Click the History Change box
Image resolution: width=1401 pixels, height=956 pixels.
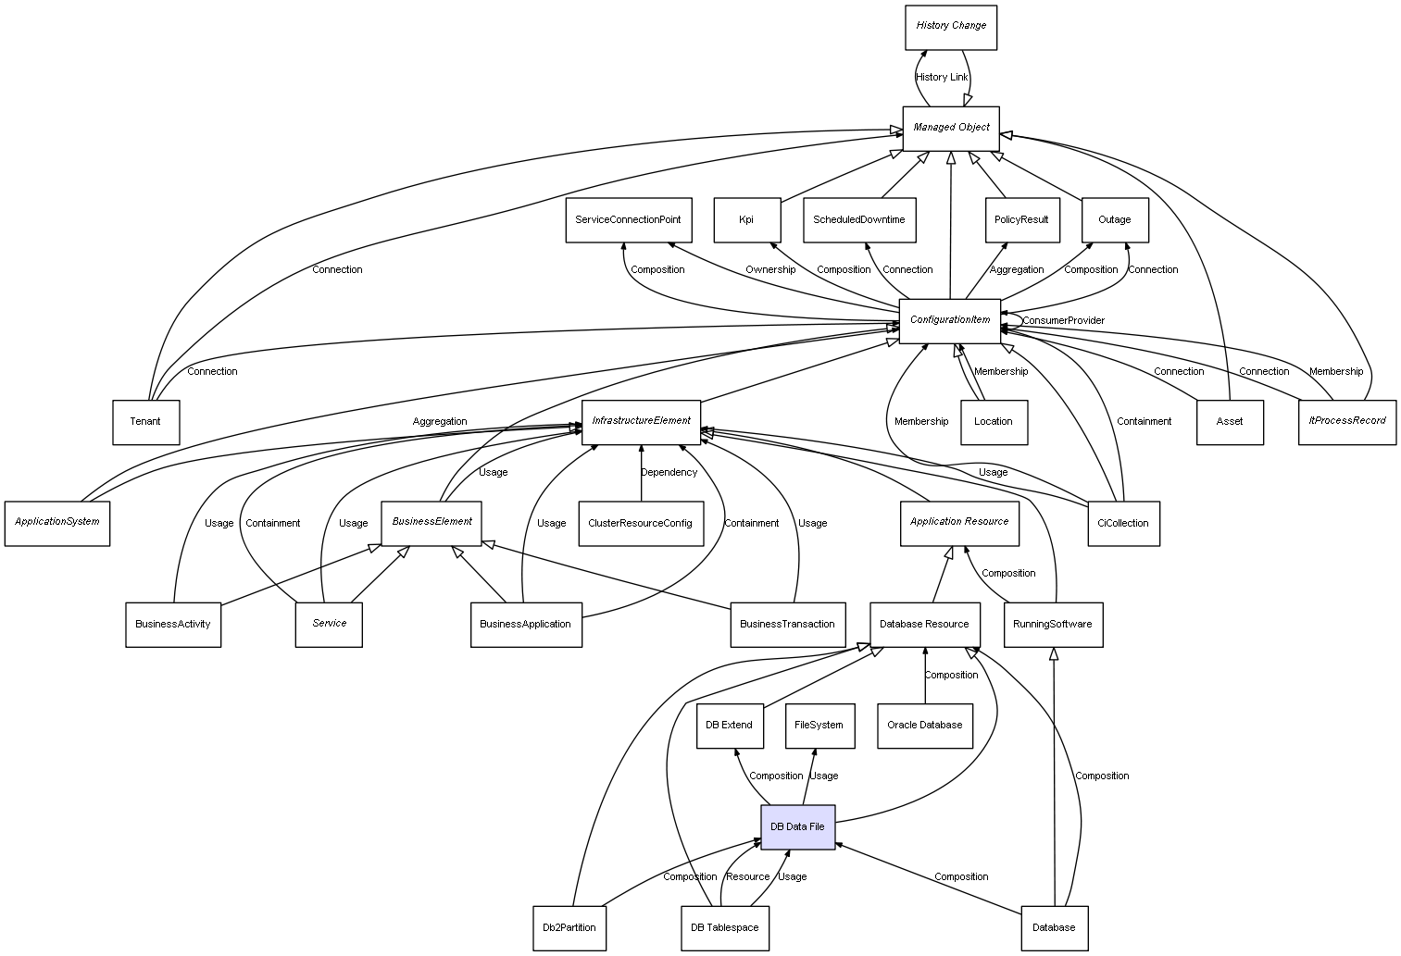click(x=950, y=27)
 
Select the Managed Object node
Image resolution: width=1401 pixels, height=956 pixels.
click(x=951, y=128)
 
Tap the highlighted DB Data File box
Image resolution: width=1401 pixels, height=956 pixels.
click(x=797, y=826)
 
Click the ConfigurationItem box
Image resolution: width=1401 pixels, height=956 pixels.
click(x=950, y=320)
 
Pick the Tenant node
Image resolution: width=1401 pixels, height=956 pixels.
click(x=145, y=422)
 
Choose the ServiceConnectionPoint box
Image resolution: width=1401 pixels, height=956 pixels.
click(x=628, y=220)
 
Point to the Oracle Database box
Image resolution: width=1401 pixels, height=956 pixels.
click(x=924, y=726)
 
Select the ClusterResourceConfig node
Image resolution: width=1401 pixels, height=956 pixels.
click(x=640, y=524)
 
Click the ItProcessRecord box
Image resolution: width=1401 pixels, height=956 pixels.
click(x=1346, y=421)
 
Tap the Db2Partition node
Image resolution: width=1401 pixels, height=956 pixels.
click(x=569, y=927)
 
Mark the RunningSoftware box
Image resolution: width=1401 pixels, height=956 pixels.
click(x=1052, y=625)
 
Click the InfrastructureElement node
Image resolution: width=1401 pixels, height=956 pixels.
click(x=641, y=421)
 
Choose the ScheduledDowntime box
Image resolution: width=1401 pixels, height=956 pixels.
click(x=859, y=220)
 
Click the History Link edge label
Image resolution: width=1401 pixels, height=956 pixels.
click(x=942, y=78)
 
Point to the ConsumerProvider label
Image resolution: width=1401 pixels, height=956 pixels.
click(x=1063, y=321)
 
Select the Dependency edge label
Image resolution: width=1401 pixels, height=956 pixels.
click(x=669, y=473)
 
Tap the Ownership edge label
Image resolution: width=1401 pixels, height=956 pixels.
click(x=770, y=270)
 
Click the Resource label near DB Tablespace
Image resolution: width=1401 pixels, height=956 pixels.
click(x=747, y=877)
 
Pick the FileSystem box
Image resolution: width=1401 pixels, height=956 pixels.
click(x=819, y=726)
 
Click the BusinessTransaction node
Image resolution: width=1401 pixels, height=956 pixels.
click(x=787, y=625)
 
